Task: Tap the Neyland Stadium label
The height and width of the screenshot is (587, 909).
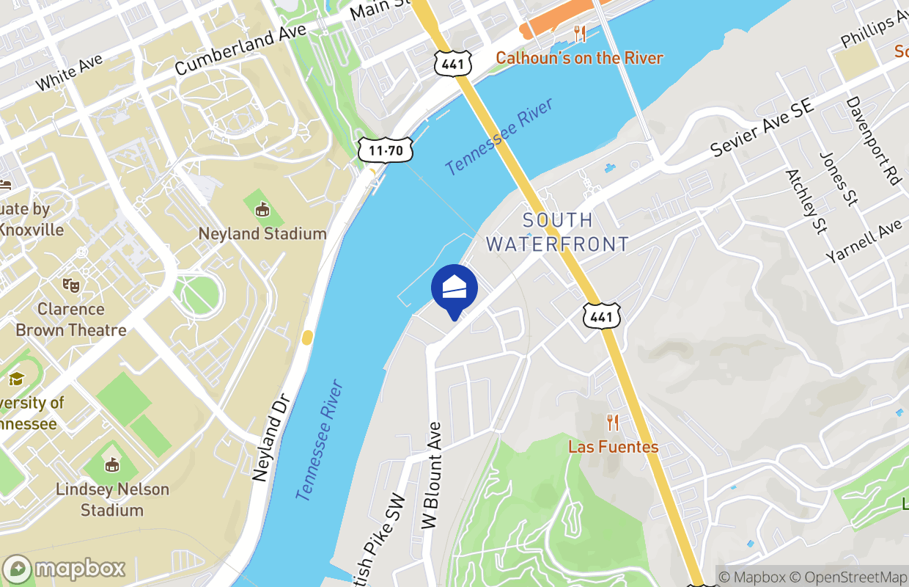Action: pos(262,233)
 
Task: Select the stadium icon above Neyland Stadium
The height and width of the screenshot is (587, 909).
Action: pos(262,210)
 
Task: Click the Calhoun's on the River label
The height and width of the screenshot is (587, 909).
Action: pos(579,58)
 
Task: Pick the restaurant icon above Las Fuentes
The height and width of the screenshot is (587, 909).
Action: pos(613,423)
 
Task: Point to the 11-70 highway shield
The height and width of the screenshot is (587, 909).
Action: pos(386,151)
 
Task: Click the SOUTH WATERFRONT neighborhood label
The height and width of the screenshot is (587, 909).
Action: pos(557,232)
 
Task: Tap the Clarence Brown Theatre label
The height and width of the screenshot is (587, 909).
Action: pos(71,320)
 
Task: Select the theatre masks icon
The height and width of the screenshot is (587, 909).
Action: pos(70,284)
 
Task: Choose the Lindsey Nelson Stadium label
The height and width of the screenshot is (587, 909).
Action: pos(112,499)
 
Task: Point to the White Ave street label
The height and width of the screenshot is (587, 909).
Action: pos(69,73)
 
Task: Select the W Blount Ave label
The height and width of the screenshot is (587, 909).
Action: pos(432,475)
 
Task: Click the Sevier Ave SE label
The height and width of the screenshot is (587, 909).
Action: pos(762,128)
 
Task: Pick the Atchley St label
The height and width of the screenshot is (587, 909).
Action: pos(805,201)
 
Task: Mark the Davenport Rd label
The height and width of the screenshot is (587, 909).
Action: pos(872,141)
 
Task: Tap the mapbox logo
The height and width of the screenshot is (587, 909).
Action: pos(65,569)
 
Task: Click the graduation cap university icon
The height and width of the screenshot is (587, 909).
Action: pos(16,379)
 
